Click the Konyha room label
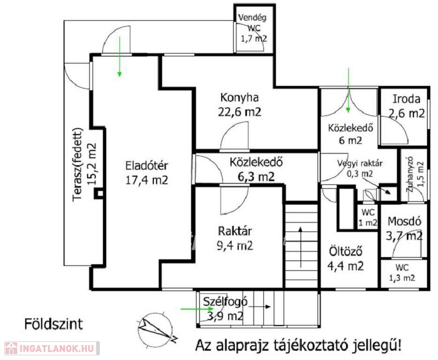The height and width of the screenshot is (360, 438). [x=239, y=98]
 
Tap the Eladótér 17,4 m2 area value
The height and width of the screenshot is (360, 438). [x=147, y=180]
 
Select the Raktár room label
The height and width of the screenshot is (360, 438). [x=234, y=231]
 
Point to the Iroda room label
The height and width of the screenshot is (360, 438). [x=407, y=99]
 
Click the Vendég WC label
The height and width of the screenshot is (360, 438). [x=252, y=23]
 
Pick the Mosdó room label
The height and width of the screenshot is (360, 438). [x=404, y=221]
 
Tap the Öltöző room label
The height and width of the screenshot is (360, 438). [x=346, y=251]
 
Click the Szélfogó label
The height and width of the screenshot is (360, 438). [x=225, y=301]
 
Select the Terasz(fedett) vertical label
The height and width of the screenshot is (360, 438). [x=78, y=165]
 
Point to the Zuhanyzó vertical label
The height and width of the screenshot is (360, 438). [x=410, y=174]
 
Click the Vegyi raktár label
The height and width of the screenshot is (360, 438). [x=360, y=163]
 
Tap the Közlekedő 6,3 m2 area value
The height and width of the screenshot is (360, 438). [x=256, y=177]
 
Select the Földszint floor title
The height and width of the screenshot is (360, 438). [x=53, y=324]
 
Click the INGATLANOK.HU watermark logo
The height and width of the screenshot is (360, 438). [x=52, y=348]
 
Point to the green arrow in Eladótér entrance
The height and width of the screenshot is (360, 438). [x=120, y=56]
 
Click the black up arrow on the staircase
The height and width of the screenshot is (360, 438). [x=301, y=247]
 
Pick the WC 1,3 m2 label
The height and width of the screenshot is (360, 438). [x=402, y=273]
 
